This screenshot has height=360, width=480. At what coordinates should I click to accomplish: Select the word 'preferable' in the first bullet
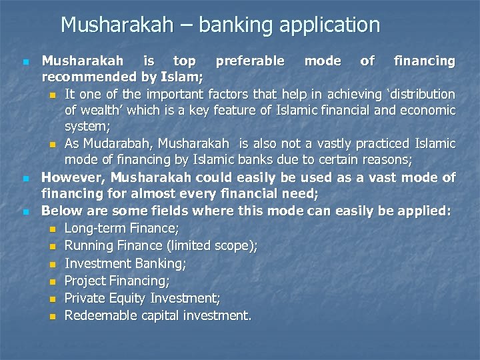tap(250, 61)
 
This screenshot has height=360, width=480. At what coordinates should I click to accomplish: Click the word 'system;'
tap(87, 126)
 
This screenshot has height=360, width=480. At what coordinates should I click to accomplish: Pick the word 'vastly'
tap(315, 143)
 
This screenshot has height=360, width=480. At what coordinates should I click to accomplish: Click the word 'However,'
tap(73, 177)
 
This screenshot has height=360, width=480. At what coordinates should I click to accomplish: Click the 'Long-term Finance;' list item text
tap(122, 229)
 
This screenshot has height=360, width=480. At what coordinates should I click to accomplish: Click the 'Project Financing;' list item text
tap(117, 281)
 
